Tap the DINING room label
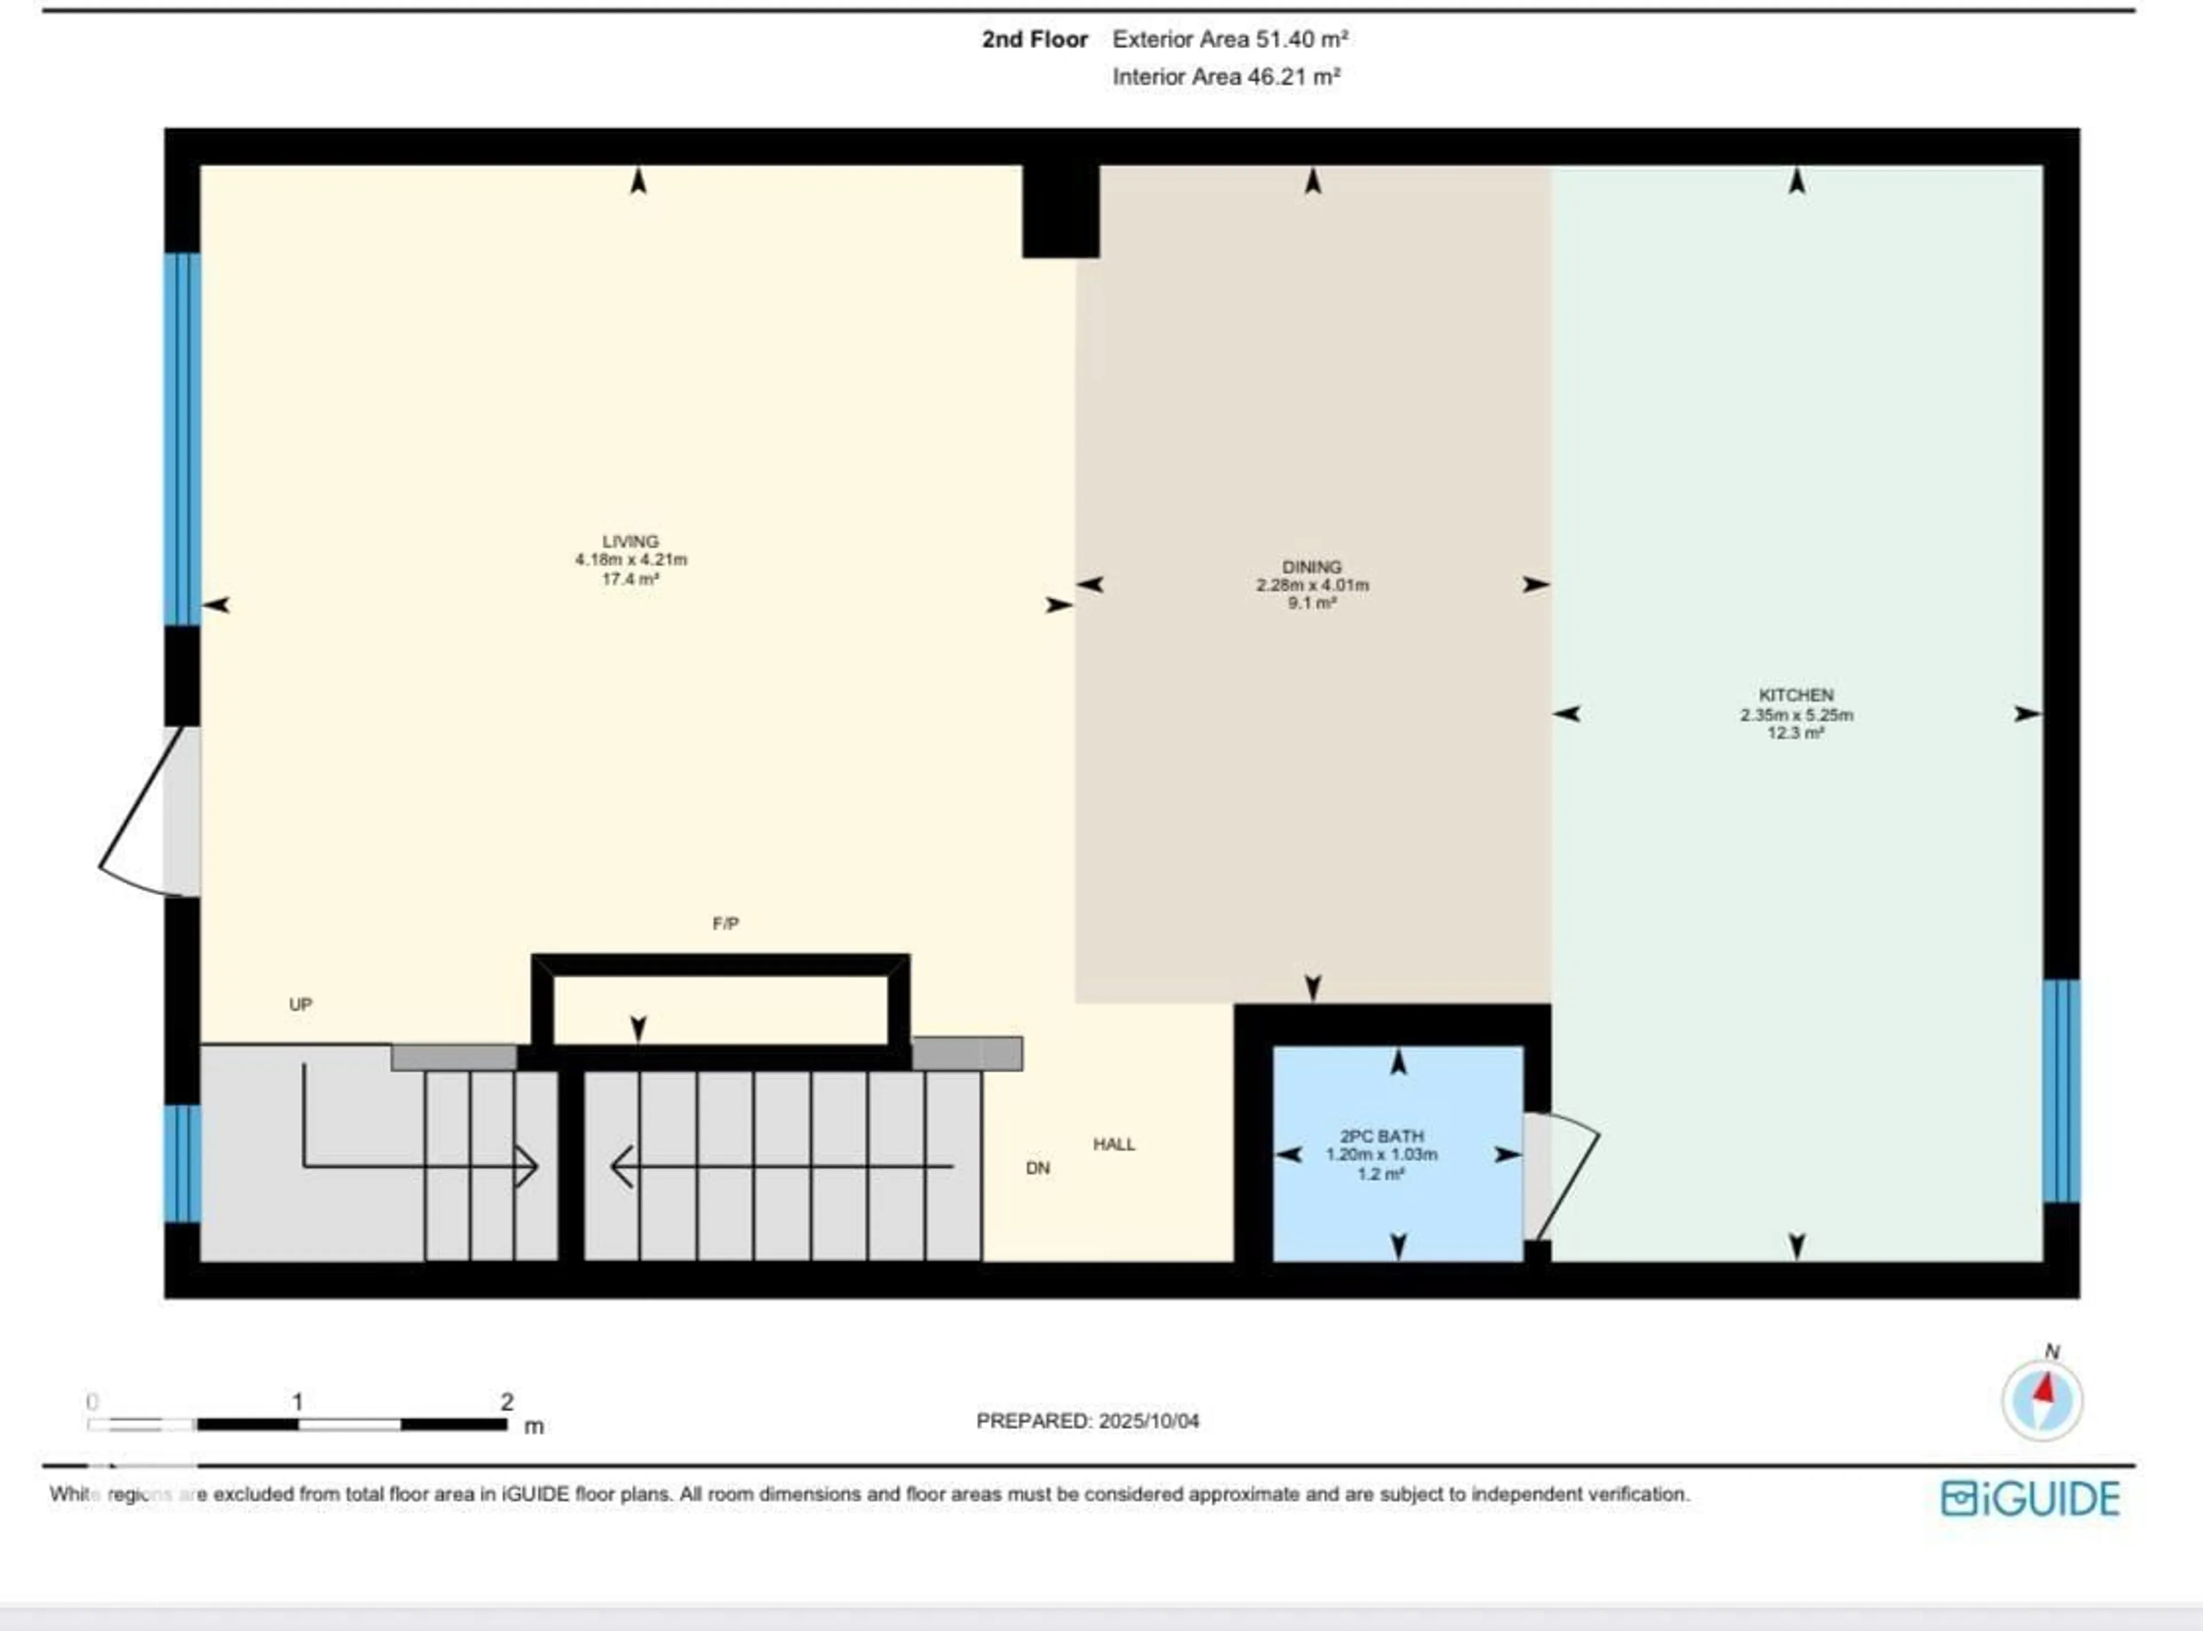point(1311,567)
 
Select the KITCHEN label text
point(1795,695)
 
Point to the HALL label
point(1114,1144)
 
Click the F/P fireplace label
point(725,923)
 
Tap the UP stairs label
point(300,1004)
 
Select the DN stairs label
point(1037,1168)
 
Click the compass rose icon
point(2041,1400)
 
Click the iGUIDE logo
point(2029,1499)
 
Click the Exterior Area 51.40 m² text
point(1229,40)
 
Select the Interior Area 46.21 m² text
point(1225,77)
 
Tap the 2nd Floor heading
point(1034,40)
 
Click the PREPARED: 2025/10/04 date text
point(1087,1421)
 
